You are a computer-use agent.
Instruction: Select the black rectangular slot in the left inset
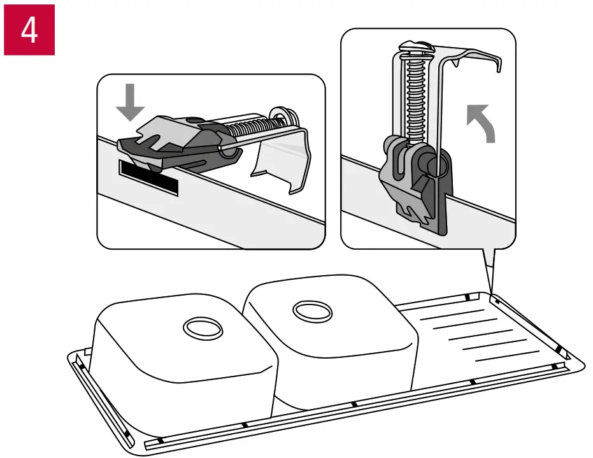click(148, 178)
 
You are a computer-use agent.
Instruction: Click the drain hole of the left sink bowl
click(203, 329)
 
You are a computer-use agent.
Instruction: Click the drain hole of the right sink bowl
click(312, 311)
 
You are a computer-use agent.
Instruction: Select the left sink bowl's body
click(185, 363)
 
